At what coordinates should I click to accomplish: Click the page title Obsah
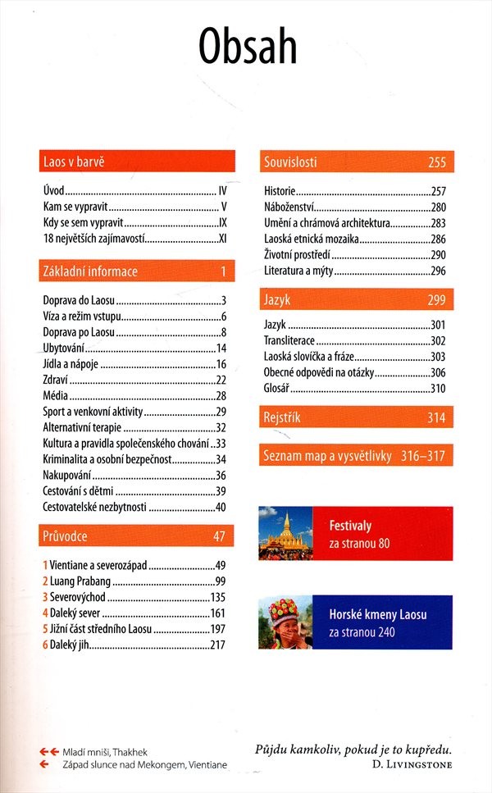(247, 48)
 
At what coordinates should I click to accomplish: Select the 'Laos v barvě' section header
(74, 162)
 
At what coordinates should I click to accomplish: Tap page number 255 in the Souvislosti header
(437, 162)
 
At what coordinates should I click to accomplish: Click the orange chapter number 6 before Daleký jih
(45, 645)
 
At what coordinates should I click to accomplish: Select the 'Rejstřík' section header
(282, 418)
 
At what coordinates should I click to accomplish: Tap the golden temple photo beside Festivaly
(286, 533)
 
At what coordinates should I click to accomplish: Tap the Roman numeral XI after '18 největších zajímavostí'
(221, 239)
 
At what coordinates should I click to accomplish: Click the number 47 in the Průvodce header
(219, 536)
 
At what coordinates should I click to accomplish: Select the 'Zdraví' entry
(55, 380)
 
